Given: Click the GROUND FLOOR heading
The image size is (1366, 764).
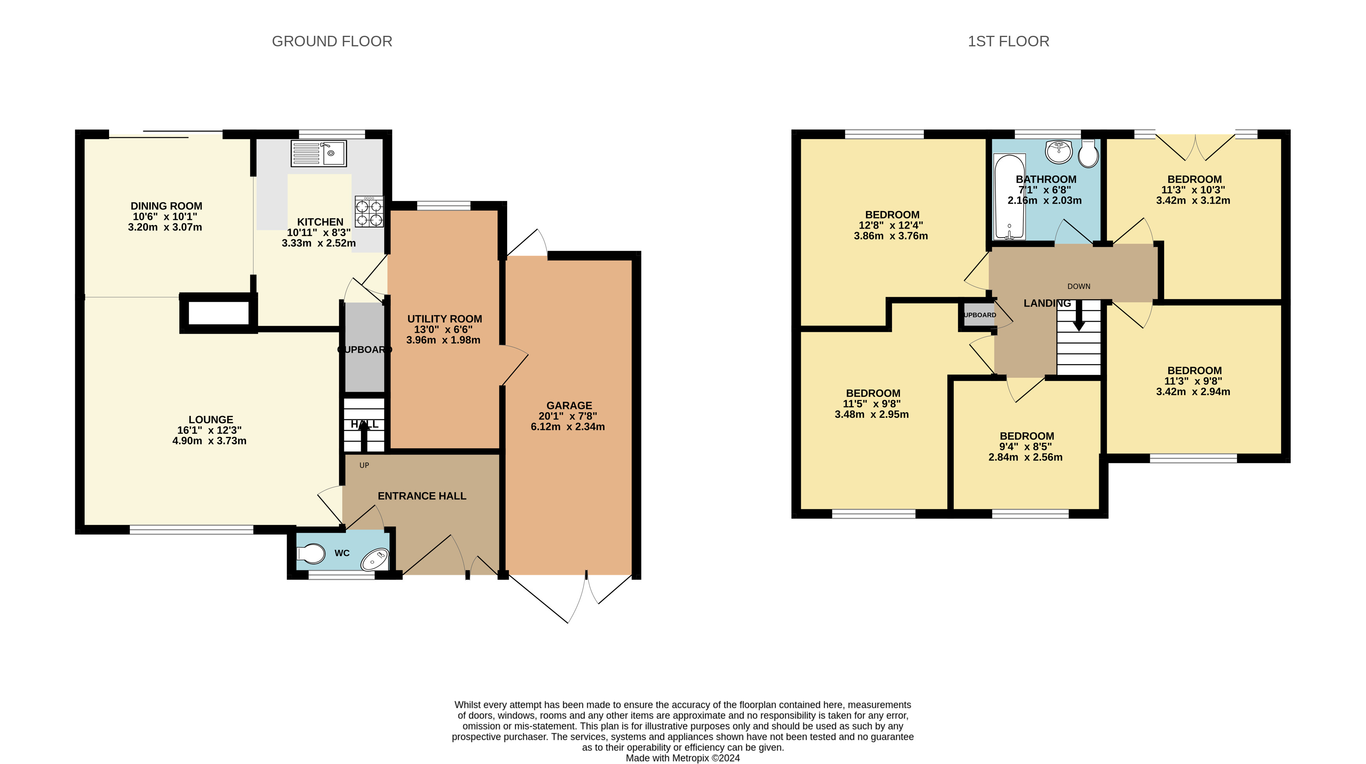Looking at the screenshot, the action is (x=332, y=41).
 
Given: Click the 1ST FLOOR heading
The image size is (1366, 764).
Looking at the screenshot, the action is (x=1008, y=41).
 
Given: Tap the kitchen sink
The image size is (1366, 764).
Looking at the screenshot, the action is (x=319, y=153).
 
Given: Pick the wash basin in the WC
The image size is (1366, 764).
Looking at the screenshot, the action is (x=375, y=559).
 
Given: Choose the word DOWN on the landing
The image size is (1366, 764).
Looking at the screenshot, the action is (x=1079, y=286).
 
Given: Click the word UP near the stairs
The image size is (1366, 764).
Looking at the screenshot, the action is (x=364, y=465).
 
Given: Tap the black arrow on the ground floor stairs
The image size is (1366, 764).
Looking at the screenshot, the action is (x=364, y=436).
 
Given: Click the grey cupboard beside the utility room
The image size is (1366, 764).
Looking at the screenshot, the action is (x=365, y=347).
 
